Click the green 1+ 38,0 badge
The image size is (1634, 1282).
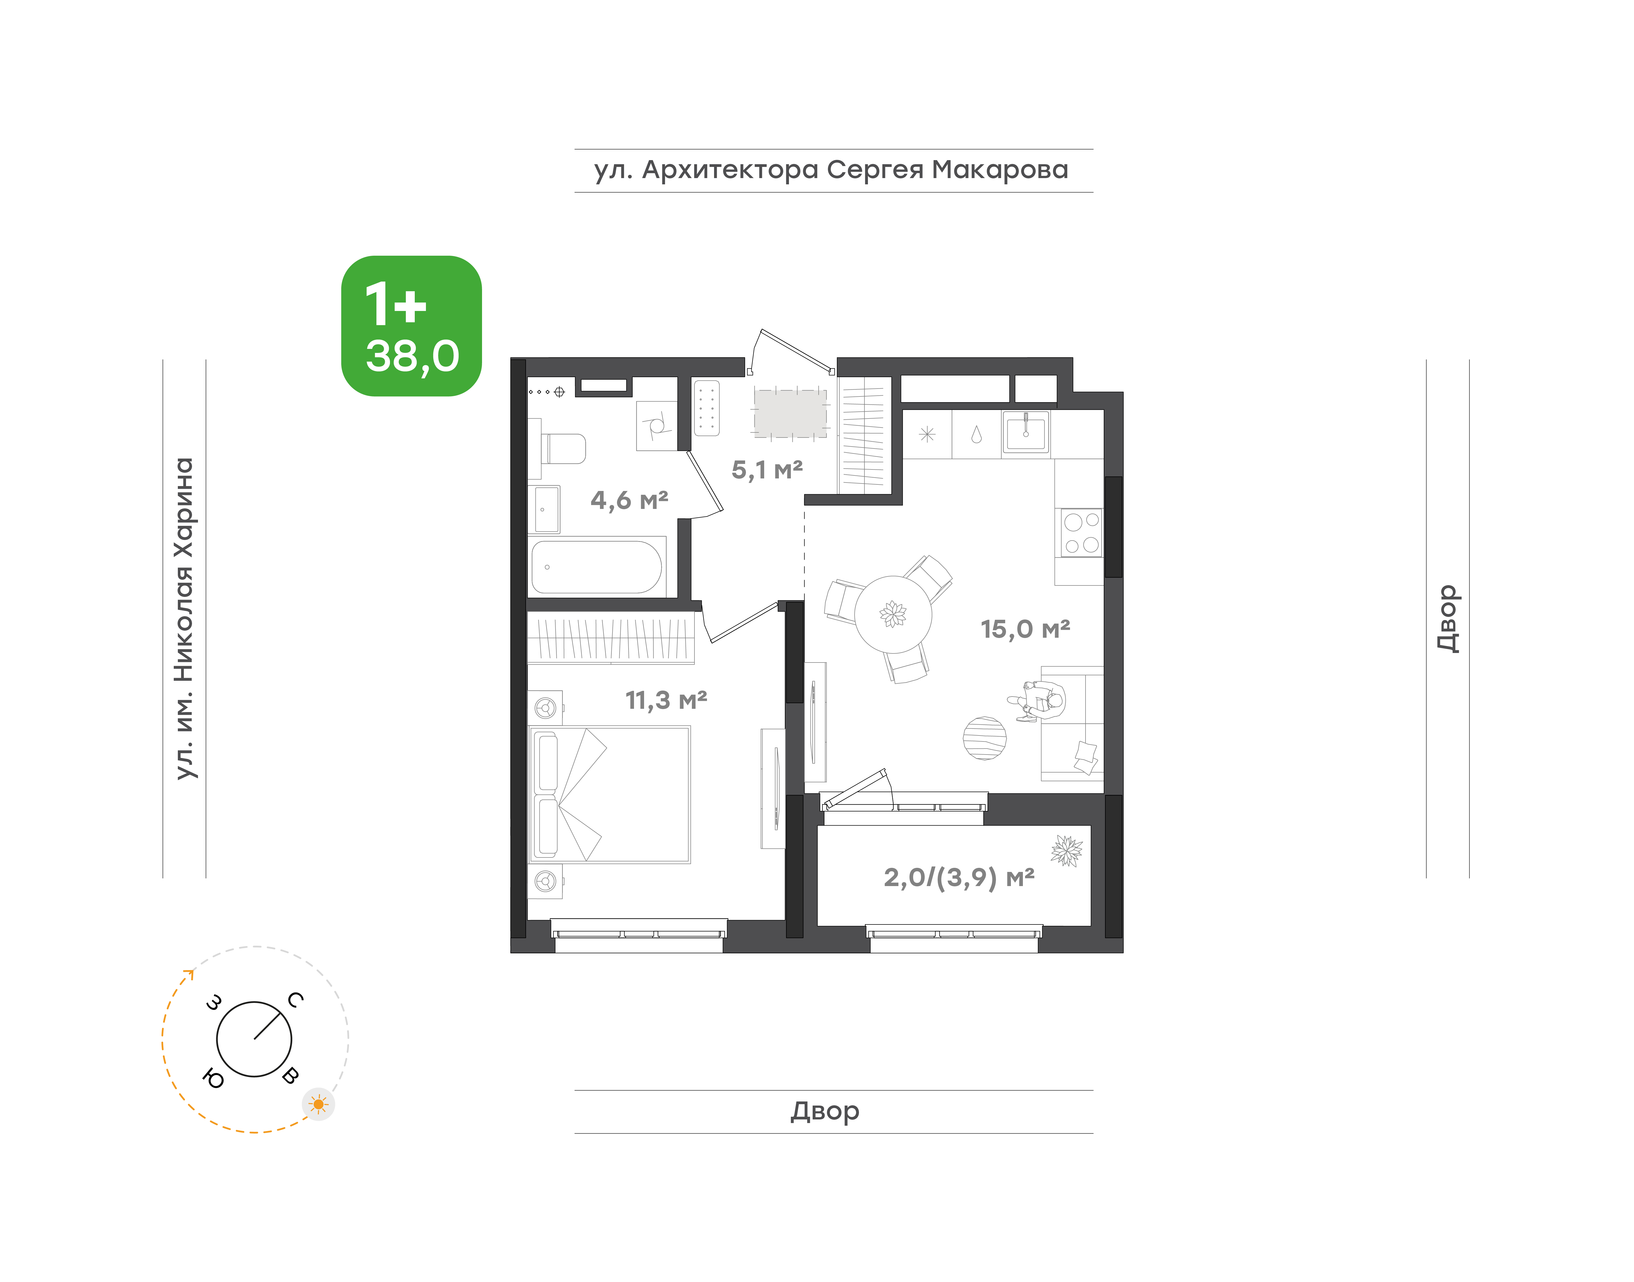pos(411,326)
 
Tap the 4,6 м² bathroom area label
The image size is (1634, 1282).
pos(629,500)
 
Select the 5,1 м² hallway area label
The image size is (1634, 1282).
pos(767,470)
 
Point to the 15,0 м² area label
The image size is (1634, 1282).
pos(1025,629)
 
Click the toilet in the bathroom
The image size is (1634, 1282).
pos(559,449)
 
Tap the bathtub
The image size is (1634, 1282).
pos(597,567)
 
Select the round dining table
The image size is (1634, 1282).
pos(893,614)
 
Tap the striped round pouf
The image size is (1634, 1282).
pos(985,738)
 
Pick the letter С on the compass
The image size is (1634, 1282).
pos(296,1000)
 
